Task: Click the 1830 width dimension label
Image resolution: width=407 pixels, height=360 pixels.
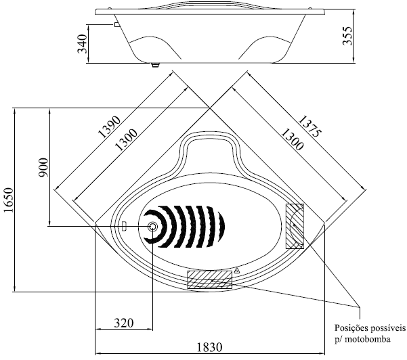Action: [x=210, y=347]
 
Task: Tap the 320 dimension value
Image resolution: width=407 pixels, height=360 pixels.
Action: [x=124, y=323]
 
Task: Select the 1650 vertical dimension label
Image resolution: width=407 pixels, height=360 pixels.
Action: [x=8, y=200]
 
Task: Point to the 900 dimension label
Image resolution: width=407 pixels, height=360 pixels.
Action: [x=43, y=168]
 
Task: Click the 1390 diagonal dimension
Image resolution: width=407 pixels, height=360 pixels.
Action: [x=110, y=127]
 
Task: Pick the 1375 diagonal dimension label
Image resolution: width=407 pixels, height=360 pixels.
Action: [x=310, y=126]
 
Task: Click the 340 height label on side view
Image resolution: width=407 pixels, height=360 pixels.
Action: [x=83, y=43]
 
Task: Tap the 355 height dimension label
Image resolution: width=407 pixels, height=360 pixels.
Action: [x=347, y=36]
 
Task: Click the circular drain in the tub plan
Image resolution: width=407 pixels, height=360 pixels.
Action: [x=152, y=227]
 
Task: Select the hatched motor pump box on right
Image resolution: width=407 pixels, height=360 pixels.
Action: [x=295, y=226]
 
